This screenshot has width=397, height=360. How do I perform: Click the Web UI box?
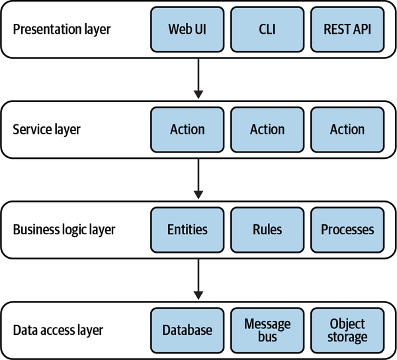point(187,29)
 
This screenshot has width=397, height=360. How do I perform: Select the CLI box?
point(267,29)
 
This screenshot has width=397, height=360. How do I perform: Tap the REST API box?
point(347,29)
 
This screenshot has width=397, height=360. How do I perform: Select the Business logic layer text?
point(64,230)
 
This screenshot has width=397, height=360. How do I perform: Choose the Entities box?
point(187,230)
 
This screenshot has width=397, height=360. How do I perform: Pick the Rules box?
point(267,230)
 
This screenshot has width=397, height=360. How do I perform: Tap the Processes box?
point(347,230)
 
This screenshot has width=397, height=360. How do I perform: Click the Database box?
point(187,330)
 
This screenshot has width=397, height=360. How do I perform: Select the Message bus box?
point(267,330)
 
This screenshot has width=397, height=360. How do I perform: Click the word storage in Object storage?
point(347,337)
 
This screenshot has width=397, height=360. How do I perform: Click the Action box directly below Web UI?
point(187,129)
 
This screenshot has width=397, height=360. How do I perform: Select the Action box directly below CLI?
point(267,129)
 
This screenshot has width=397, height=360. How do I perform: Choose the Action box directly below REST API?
point(347,129)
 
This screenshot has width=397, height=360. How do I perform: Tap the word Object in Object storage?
point(347,323)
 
